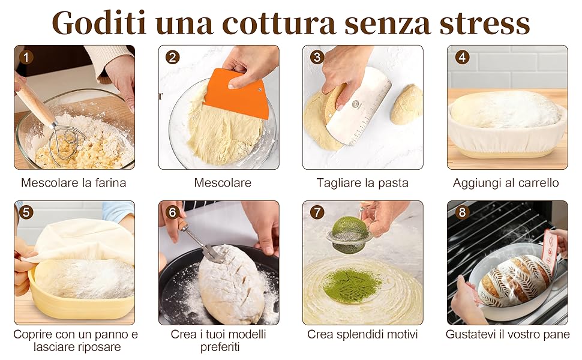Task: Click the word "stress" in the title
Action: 484,23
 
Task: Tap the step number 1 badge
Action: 26,58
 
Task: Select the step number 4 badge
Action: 462,57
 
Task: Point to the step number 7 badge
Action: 317,212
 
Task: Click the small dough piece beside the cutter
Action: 406,104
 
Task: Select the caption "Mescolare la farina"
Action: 73,182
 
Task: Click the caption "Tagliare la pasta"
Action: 362,183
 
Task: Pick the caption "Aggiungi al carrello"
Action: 506,183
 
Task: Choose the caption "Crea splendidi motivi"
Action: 362,334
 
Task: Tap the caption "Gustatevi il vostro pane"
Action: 508,334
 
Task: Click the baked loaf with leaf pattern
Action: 514,281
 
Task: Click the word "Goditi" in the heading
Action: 99,23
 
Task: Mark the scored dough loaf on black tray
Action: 232,284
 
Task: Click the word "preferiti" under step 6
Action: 220,347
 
